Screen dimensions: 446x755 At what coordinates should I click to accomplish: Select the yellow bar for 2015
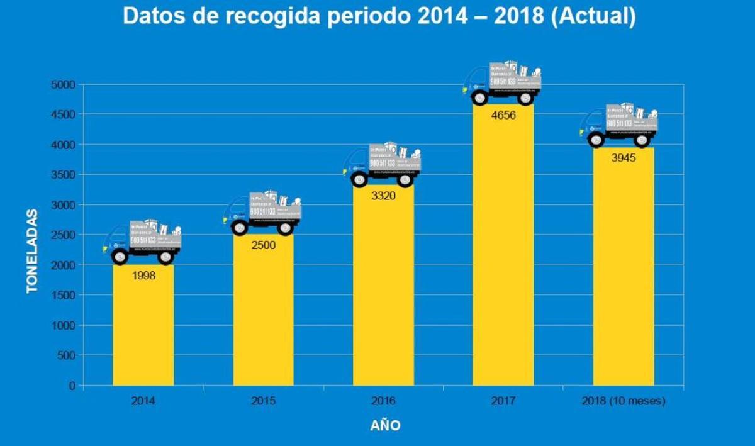(263, 315)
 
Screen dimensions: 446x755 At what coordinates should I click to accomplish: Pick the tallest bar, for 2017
(503, 252)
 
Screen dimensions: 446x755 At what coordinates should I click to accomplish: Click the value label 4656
(503, 115)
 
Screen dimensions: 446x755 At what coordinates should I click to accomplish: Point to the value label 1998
(143, 275)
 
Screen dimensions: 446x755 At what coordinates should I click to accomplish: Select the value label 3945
(623, 158)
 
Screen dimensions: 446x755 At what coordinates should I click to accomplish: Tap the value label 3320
(383, 196)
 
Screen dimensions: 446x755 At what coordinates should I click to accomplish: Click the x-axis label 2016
(383, 401)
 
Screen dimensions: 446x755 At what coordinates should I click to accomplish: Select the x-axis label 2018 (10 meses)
(623, 401)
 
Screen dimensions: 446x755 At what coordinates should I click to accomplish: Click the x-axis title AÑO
(384, 425)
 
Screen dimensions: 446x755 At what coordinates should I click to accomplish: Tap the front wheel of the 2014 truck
(120, 256)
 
